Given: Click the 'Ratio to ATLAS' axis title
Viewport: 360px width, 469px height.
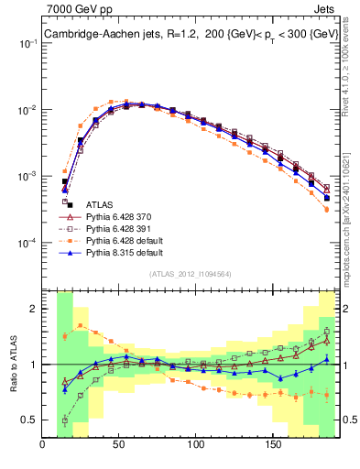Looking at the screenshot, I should click(13, 365).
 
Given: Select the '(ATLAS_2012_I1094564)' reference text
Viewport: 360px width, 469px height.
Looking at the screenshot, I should click(191, 274).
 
